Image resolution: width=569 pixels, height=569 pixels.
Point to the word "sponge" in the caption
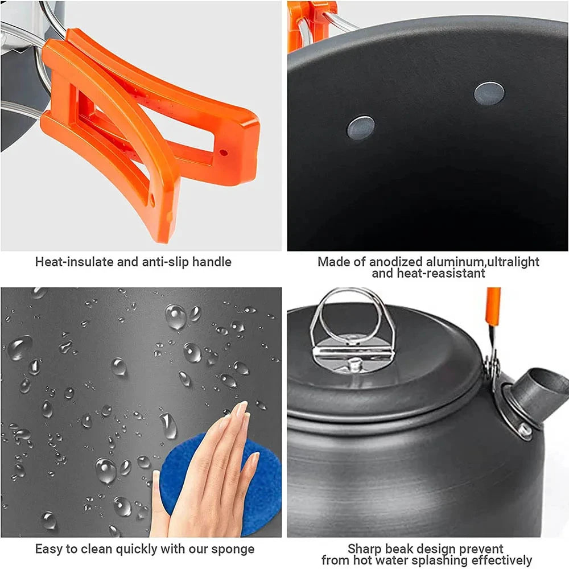(x=232, y=550)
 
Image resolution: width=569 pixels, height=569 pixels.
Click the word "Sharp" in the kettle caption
(x=365, y=550)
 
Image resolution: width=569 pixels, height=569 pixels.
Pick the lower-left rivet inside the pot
(x=361, y=127)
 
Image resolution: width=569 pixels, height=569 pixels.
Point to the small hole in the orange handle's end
(x=224, y=152)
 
